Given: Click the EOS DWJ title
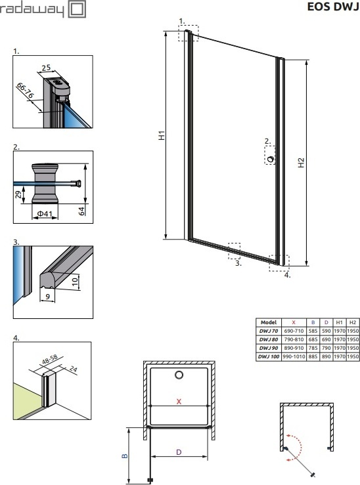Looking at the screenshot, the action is click(x=333, y=6).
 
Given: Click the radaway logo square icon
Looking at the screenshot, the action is click(x=77, y=9).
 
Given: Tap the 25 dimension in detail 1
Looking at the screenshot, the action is click(x=46, y=68).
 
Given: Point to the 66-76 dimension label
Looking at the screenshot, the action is click(x=25, y=91).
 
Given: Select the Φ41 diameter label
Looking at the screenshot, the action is click(x=44, y=213).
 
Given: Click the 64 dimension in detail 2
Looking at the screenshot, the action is click(x=81, y=211).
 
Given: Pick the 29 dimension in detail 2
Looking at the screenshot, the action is click(x=18, y=194).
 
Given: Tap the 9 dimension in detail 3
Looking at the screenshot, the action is click(x=47, y=297).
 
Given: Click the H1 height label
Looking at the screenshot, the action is click(x=162, y=135).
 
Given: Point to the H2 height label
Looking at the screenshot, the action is click(x=301, y=163).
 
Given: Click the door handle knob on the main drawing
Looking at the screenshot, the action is click(x=271, y=159).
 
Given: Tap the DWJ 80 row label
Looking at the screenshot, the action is click(x=269, y=339).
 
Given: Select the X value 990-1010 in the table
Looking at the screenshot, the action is click(x=294, y=356).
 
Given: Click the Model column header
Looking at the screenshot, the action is click(x=269, y=322).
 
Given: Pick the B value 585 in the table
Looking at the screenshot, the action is click(x=313, y=331).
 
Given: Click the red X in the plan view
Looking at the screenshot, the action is click(x=179, y=402).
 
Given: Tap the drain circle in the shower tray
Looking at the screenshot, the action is click(x=179, y=375).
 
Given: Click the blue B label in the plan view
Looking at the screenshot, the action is click(x=124, y=455).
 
